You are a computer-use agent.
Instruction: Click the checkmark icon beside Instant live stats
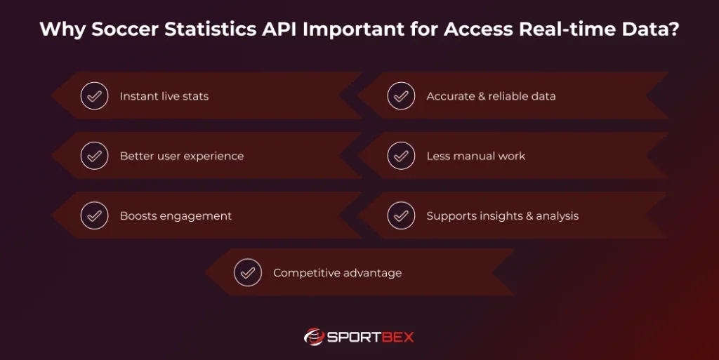(94, 96)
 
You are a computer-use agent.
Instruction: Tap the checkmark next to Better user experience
(94, 156)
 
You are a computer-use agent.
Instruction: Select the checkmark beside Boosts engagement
(94, 215)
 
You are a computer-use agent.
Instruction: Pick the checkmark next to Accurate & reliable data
(401, 96)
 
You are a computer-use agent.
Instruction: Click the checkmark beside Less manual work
(401, 156)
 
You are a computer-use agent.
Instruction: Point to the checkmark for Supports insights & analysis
(401, 215)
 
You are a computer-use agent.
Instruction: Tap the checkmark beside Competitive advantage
(247, 273)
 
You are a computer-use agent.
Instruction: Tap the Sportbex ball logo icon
(313, 337)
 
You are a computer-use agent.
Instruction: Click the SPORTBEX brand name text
(371, 337)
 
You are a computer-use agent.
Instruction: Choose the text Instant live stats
(164, 96)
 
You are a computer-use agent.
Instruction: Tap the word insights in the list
(499, 216)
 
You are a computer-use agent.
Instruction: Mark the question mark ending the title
(674, 29)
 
